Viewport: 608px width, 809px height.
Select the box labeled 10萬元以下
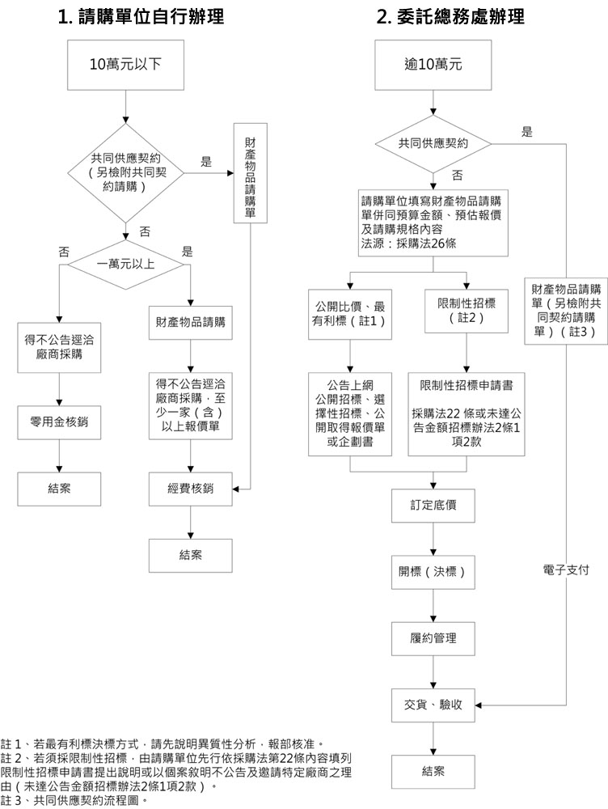point(125,63)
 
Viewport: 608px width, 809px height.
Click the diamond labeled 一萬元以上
point(125,264)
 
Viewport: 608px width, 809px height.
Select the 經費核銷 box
point(190,489)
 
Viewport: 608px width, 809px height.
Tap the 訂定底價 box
point(433,506)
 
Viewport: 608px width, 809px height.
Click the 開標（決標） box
point(433,572)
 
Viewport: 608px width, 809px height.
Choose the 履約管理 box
point(433,638)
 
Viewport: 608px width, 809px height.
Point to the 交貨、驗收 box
point(433,705)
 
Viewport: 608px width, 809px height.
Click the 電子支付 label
point(566,571)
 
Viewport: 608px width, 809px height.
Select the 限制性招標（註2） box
point(466,311)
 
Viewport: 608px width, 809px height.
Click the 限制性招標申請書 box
point(466,413)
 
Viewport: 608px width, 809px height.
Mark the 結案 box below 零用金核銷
point(61,489)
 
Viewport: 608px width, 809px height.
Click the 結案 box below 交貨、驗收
point(433,771)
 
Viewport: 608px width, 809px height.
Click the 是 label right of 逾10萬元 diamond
point(527,132)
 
